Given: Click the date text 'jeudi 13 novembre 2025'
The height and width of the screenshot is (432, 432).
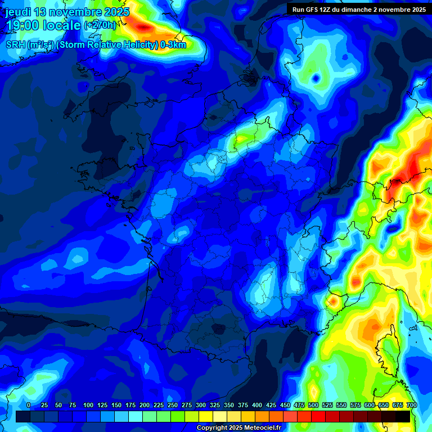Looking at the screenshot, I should pos(67,12).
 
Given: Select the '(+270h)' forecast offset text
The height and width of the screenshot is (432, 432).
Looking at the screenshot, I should pos(100,25).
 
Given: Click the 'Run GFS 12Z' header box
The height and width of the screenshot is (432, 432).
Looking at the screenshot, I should pos(358,10).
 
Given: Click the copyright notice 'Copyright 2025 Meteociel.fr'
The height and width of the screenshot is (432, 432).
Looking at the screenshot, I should pos(238,428).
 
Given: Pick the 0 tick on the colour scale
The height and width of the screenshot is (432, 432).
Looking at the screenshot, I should pos(28,405).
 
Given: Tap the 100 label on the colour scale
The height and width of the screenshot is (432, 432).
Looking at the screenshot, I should pos(88,405).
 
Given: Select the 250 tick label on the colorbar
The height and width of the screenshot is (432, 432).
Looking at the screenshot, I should pos(172,405).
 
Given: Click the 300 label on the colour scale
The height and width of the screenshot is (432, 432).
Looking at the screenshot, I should pos(200,405).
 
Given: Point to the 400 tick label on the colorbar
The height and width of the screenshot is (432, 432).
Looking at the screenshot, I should pos(256,405).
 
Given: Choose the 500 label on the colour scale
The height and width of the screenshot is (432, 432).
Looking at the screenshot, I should pos(313,405).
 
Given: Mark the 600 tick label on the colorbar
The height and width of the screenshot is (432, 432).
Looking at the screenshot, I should pos(369,405).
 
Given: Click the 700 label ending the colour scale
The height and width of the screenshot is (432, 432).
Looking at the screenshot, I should pos(411,405).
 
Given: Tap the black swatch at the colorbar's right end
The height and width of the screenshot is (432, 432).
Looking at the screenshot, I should pos(402,416).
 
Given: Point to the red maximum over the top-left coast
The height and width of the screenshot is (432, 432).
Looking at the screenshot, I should pos(145,26).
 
